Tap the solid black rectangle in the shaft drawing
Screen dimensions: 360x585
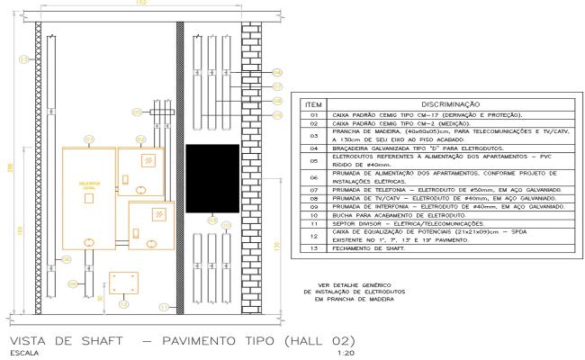point(211,178)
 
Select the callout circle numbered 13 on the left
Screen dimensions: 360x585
point(23,60)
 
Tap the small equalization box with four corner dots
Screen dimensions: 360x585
point(121,283)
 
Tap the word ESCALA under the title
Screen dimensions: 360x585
point(20,354)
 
